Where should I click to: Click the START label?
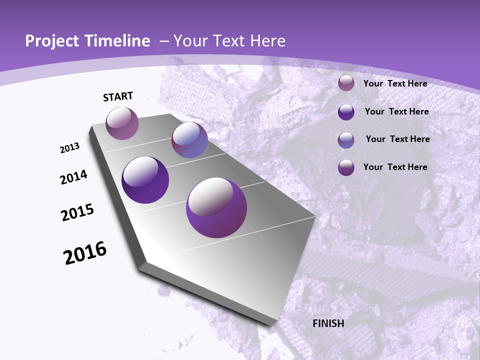(x=118, y=96)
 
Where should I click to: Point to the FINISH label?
(x=328, y=323)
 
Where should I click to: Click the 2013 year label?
(x=70, y=148)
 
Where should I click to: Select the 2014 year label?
(x=74, y=177)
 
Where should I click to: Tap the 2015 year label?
(x=77, y=213)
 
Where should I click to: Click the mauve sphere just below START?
(x=122, y=123)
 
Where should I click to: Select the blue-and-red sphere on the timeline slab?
(x=189, y=140)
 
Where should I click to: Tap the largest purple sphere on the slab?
(x=216, y=207)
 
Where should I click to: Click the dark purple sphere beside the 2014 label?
(x=145, y=180)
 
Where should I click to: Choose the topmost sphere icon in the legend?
(x=346, y=83)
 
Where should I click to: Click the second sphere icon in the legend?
(x=346, y=112)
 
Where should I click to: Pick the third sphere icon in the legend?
(x=346, y=140)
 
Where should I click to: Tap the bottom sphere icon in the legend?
(x=346, y=167)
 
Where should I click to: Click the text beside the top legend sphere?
(x=395, y=84)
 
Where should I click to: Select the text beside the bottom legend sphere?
(x=395, y=167)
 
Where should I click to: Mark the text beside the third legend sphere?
(x=397, y=139)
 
